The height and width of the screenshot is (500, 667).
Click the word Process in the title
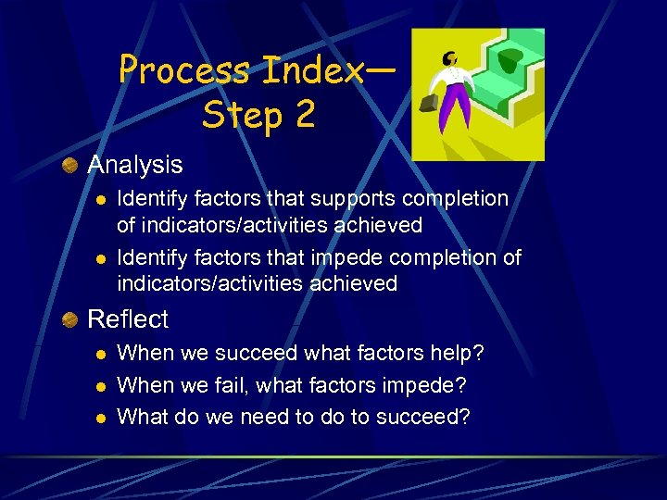point(185,70)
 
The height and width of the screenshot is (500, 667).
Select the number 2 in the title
point(303,115)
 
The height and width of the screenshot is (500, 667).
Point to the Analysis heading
point(134,165)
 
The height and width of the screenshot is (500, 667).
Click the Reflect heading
point(127,319)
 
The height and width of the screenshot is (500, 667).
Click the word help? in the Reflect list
point(454,354)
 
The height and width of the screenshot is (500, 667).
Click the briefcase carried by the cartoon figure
point(428,101)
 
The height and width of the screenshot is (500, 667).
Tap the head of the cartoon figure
point(450,57)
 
